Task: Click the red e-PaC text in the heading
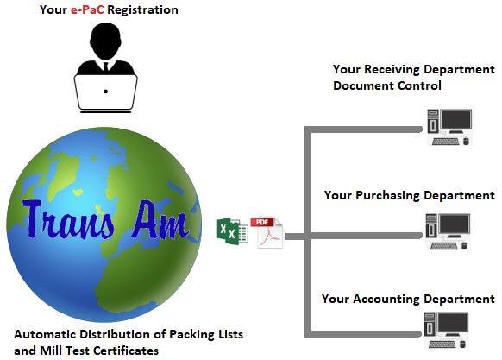point(87,10)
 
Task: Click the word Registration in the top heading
point(143,10)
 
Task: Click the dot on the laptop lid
point(105,92)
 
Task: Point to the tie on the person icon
point(105,66)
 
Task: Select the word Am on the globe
point(160,220)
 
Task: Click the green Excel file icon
point(232,231)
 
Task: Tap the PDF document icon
point(267,233)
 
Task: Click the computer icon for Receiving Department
point(449,127)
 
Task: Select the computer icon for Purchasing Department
point(448,231)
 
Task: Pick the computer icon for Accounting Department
point(446,330)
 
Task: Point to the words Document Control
point(387,85)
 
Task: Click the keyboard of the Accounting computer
point(442,344)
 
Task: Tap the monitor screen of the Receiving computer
point(455,119)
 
